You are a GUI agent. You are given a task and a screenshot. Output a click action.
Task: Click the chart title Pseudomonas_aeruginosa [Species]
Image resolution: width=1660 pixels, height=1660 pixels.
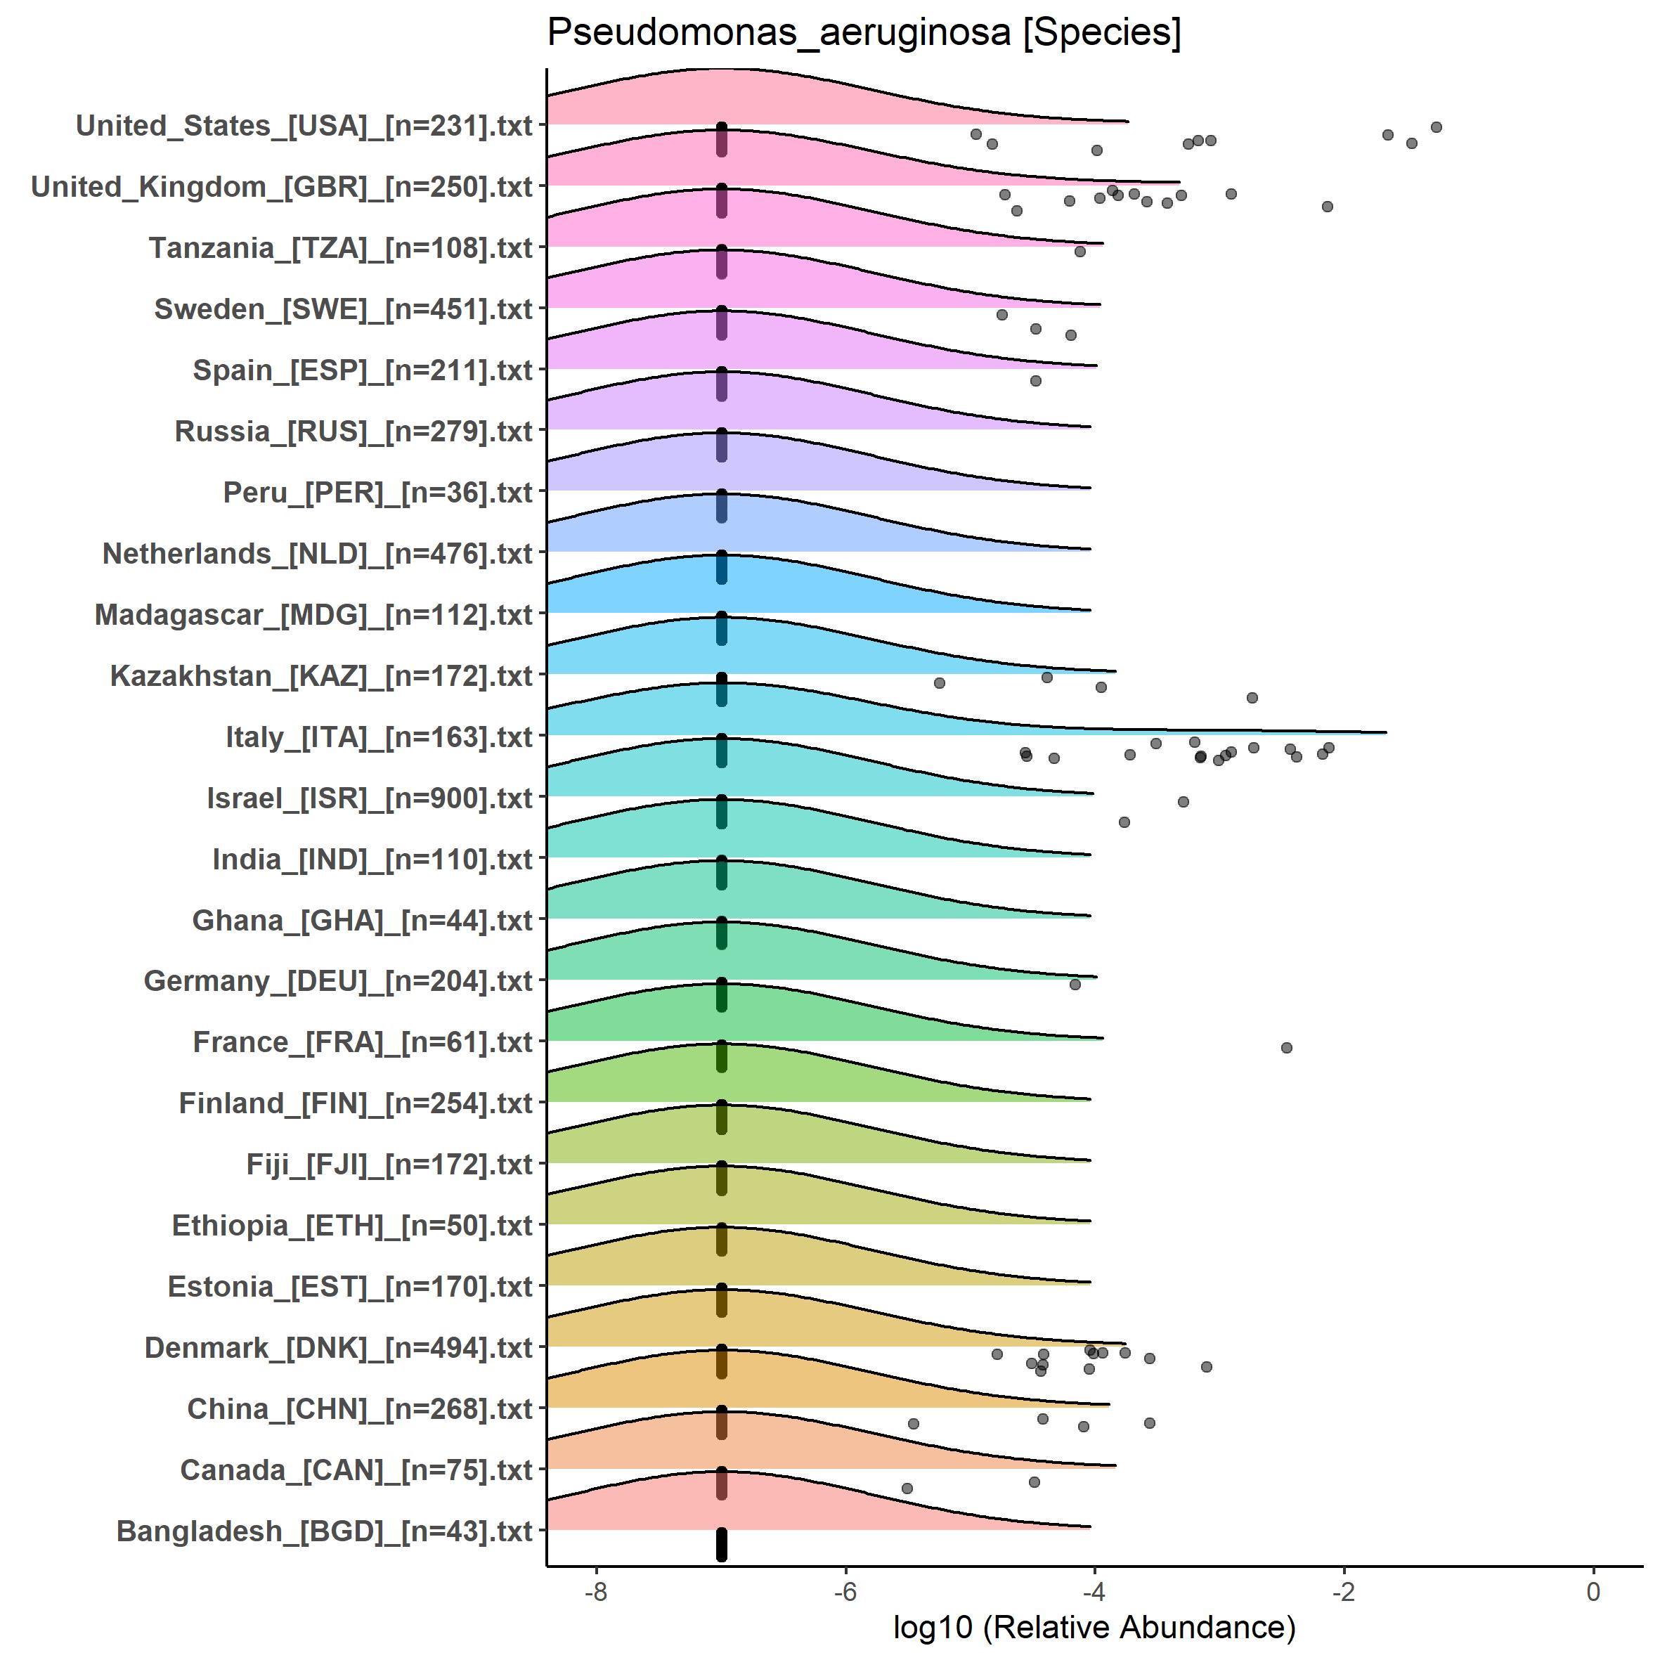(864, 32)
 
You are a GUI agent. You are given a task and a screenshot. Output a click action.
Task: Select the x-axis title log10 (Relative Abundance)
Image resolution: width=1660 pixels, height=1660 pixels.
(1094, 1626)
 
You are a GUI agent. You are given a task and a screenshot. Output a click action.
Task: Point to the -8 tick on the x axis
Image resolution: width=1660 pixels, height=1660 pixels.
(595, 1591)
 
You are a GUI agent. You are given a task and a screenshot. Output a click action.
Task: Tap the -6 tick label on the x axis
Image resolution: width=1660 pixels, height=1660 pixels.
(845, 1591)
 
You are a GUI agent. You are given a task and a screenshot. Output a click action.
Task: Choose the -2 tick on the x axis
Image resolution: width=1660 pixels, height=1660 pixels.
(1343, 1591)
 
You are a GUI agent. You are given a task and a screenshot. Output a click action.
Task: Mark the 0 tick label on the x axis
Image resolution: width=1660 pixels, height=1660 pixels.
(1593, 1591)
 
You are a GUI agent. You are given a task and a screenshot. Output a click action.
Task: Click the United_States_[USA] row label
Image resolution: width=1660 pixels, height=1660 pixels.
(304, 125)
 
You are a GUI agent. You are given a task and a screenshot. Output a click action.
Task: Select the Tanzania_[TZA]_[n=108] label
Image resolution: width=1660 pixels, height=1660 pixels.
(341, 248)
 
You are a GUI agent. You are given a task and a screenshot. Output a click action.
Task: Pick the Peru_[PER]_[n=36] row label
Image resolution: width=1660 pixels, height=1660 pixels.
(378, 493)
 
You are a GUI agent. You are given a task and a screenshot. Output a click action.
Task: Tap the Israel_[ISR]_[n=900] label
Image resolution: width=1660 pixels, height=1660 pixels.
(370, 798)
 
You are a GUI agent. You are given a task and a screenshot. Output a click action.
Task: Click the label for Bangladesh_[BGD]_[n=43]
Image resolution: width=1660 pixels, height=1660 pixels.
(325, 1531)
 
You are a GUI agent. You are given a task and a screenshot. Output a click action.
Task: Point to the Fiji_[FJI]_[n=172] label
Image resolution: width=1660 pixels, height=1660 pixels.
(389, 1165)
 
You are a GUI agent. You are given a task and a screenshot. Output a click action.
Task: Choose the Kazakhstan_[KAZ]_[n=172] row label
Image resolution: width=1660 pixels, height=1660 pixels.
(321, 676)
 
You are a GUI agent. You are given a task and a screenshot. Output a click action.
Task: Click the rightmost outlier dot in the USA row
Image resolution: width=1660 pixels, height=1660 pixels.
(1436, 127)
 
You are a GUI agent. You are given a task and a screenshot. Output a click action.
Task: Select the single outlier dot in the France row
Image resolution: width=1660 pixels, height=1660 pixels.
(1286, 1047)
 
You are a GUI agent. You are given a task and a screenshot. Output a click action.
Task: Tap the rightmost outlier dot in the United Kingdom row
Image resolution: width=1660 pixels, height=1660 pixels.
(1327, 206)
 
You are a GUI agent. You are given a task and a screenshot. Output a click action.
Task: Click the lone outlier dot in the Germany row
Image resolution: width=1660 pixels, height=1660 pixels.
(1075, 984)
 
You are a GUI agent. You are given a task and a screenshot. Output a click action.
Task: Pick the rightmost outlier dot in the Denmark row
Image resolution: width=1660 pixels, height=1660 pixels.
(1206, 1366)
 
